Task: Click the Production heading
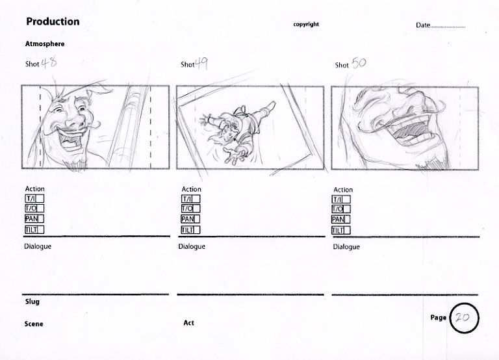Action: click(53, 21)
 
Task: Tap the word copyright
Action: click(306, 24)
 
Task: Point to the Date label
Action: click(423, 25)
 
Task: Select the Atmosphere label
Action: click(45, 44)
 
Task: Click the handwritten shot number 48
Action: click(49, 62)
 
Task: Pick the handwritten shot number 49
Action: click(201, 64)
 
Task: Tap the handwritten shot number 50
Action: click(359, 63)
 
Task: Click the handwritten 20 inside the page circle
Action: click(462, 317)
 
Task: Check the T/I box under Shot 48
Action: click(34, 199)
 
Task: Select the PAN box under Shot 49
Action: click(190, 219)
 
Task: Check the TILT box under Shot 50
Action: click(341, 230)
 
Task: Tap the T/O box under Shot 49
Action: click(190, 209)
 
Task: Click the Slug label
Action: click(32, 302)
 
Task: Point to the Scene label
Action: click(34, 324)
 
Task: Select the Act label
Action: click(188, 323)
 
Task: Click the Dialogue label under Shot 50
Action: click(346, 247)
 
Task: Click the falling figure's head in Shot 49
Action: click(229, 131)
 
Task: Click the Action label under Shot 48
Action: click(35, 188)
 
